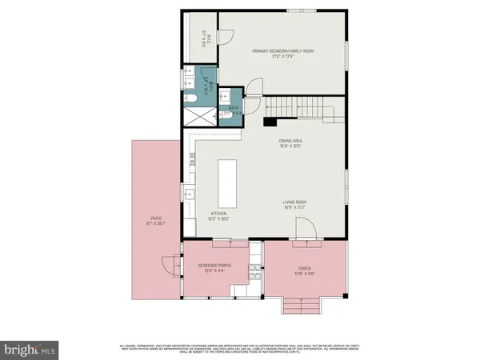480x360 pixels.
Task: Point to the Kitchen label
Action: [x=219, y=214]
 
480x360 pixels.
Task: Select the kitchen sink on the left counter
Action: [x=190, y=194]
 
